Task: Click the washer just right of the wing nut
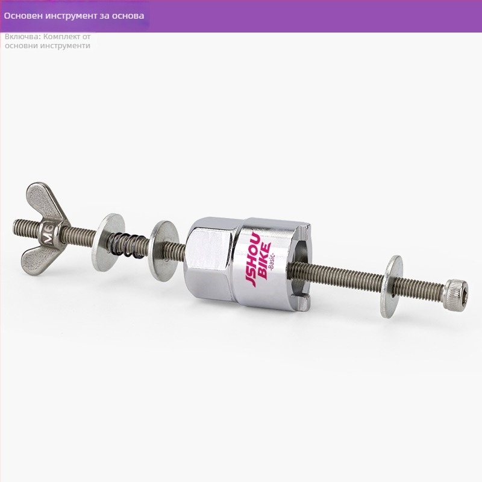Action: (108, 242)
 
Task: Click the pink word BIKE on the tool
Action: (264, 260)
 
